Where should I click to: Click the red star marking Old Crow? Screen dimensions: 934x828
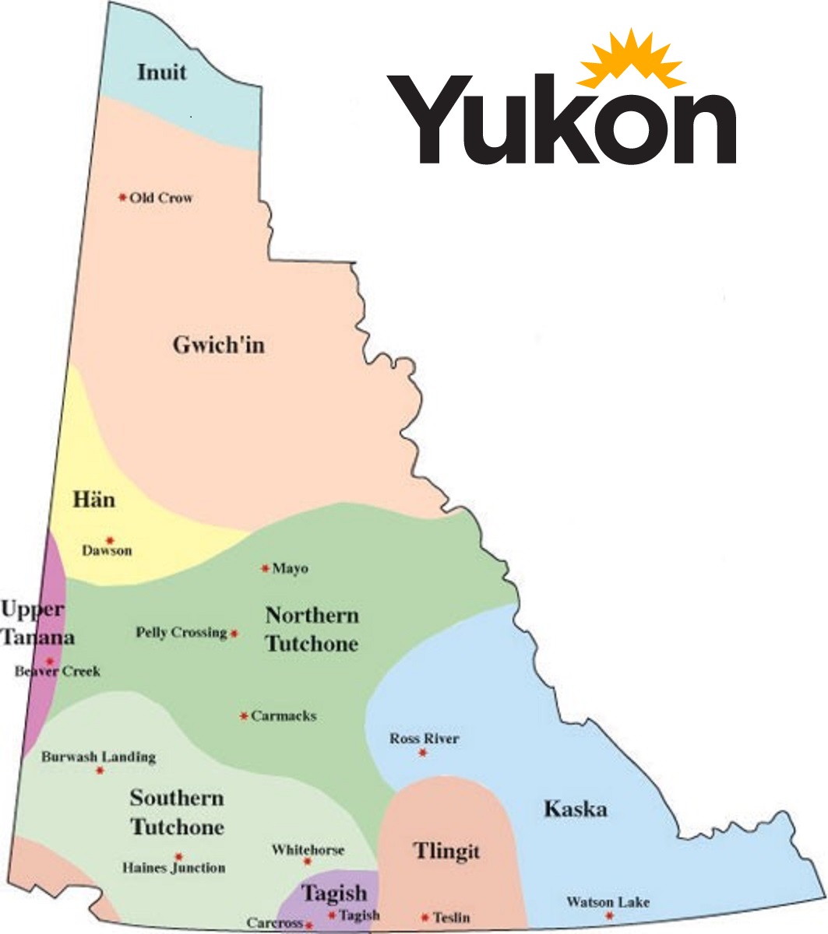pyautogui.click(x=122, y=198)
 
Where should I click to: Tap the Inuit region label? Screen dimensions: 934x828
pyautogui.click(x=162, y=72)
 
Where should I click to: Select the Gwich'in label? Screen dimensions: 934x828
pyautogui.click(x=218, y=345)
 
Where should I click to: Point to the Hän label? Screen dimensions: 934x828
pyautogui.click(x=93, y=499)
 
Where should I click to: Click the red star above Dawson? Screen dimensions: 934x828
pyautogui.click(x=110, y=539)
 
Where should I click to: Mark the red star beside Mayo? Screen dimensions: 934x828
pyautogui.click(x=265, y=568)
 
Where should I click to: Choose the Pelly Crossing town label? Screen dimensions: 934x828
pyautogui.click(x=181, y=632)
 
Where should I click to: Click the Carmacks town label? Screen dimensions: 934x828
pyautogui.click(x=284, y=716)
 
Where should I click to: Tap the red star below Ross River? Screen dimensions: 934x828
pyautogui.click(x=423, y=753)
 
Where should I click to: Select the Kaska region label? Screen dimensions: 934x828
pyautogui.click(x=575, y=809)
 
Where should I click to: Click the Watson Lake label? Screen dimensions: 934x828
pyautogui.click(x=608, y=902)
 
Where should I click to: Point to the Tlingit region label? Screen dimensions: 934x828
pyautogui.click(x=446, y=851)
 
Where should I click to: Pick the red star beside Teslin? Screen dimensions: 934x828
pyautogui.click(x=425, y=918)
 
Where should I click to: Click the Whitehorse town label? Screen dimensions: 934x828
pyautogui.click(x=308, y=850)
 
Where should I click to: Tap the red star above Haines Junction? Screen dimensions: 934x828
pyautogui.click(x=178, y=855)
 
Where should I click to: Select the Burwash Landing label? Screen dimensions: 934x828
pyautogui.click(x=99, y=757)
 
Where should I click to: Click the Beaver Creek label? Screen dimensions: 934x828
pyautogui.click(x=58, y=671)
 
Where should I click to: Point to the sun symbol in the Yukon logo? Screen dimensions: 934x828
pyautogui.click(x=631, y=58)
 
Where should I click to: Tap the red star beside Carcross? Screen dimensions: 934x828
pyautogui.click(x=309, y=925)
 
